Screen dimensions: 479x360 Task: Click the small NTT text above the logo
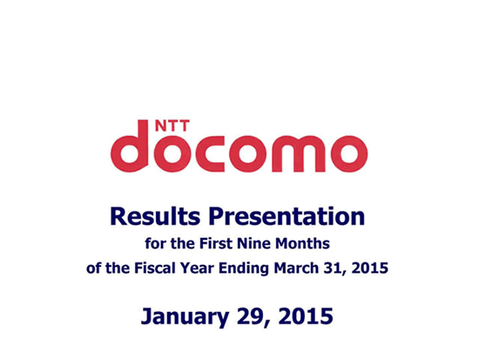(x=172, y=126)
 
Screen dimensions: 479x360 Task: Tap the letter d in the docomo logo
(x=130, y=146)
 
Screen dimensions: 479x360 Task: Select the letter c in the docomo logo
(x=210, y=153)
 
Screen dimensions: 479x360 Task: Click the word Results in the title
(x=155, y=216)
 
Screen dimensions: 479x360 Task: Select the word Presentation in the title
(x=287, y=217)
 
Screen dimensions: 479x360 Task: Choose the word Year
(x=197, y=268)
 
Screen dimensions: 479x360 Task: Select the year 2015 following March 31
(x=370, y=268)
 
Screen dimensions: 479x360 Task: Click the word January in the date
(x=185, y=317)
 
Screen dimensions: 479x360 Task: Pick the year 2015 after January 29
(x=306, y=316)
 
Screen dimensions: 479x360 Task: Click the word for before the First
(x=155, y=243)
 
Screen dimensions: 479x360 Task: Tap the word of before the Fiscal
(x=93, y=268)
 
